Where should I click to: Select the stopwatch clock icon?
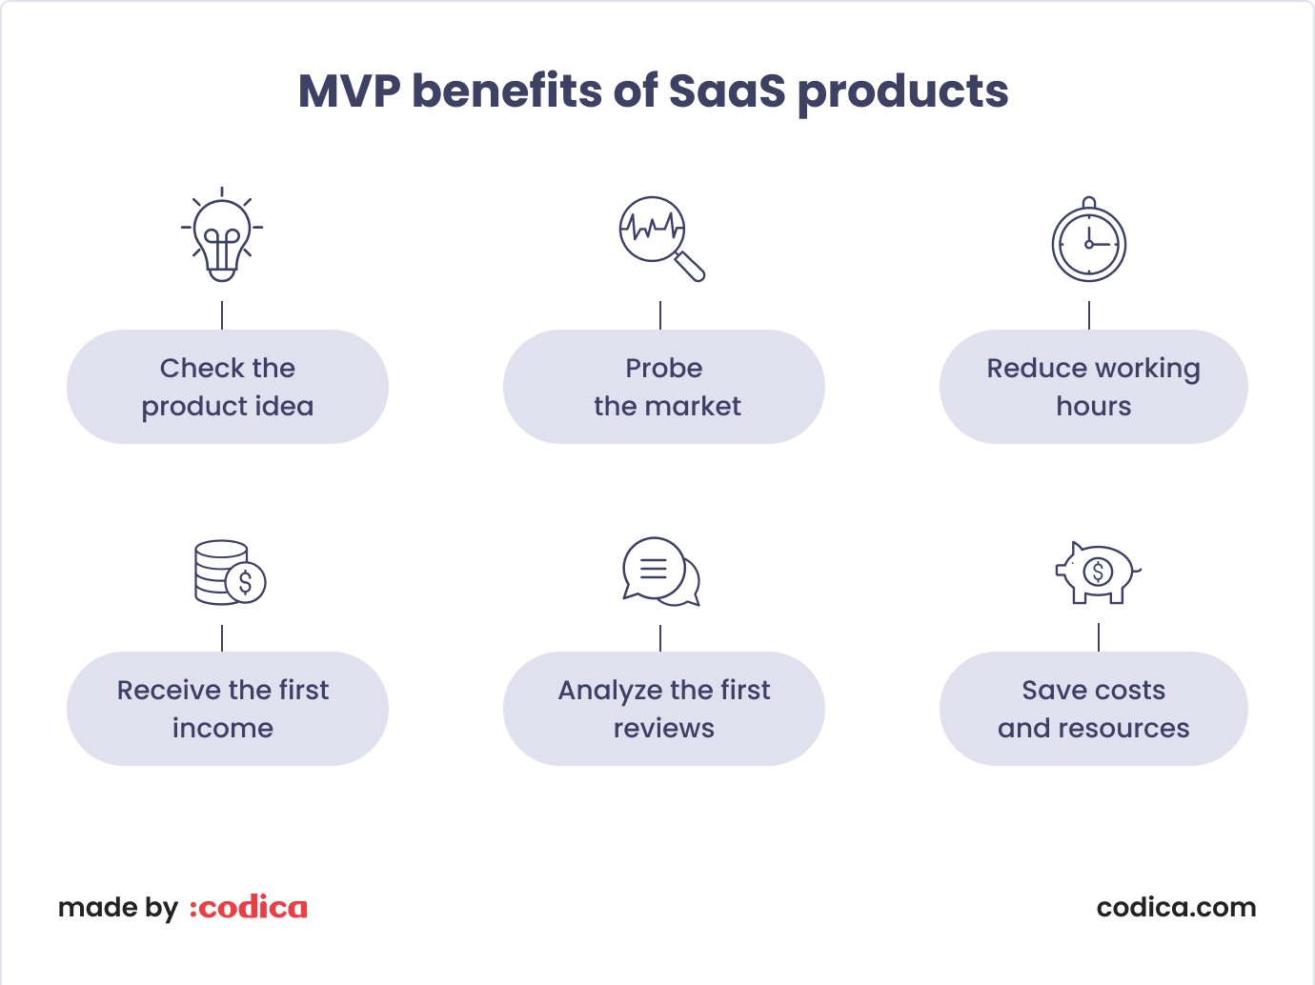click(1089, 239)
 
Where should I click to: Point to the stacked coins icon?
click(230, 573)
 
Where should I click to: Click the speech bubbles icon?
click(660, 572)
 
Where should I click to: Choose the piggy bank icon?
click(1098, 573)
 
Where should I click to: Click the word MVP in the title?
click(350, 91)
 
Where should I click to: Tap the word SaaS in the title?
click(727, 91)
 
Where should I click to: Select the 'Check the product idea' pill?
click(228, 387)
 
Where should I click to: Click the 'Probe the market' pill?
click(664, 387)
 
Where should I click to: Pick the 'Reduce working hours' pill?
click(1093, 387)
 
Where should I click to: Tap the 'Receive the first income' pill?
click(228, 709)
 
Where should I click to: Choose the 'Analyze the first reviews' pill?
click(664, 709)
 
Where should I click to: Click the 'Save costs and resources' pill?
click(1093, 709)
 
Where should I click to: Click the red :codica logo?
click(248, 908)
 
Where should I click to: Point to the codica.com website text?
click(1176, 908)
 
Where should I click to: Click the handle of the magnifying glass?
click(690, 267)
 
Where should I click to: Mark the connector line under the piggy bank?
click(1099, 637)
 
